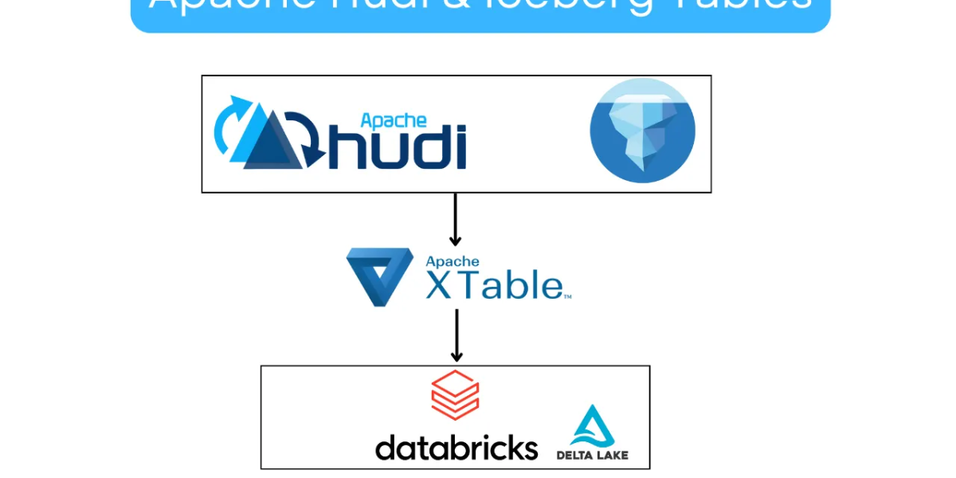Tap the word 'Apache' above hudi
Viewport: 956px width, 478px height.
pyautogui.click(x=394, y=120)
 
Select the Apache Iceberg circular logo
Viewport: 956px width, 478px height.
pyautogui.click(x=642, y=131)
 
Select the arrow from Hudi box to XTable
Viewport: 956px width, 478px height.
pyautogui.click(x=456, y=219)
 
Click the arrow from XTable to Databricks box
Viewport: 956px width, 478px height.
pyautogui.click(x=456, y=335)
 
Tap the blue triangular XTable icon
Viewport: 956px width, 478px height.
pyautogui.click(x=379, y=276)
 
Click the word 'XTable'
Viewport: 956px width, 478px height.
pyautogui.click(x=494, y=285)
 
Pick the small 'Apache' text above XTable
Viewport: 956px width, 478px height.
pyautogui.click(x=453, y=261)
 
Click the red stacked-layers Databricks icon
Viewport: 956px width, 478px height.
pyautogui.click(x=455, y=395)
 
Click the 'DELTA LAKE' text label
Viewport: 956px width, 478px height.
pyautogui.click(x=593, y=455)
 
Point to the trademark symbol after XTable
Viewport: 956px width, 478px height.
pyautogui.click(x=567, y=296)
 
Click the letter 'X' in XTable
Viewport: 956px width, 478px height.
pyautogui.click(x=440, y=285)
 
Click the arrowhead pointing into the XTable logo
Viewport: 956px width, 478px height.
pyautogui.click(x=456, y=240)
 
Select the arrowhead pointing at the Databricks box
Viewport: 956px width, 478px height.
pyautogui.click(x=456, y=355)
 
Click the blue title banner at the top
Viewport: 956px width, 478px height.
pyautogui.click(x=480, y=14)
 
